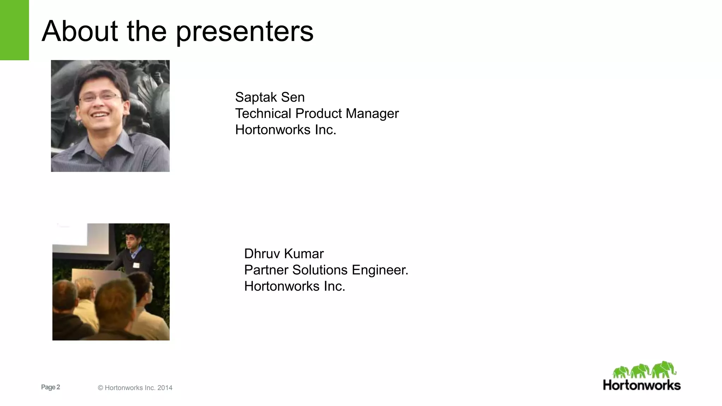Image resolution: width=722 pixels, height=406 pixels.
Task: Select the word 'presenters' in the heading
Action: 244,32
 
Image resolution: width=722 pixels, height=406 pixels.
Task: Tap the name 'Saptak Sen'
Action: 270,97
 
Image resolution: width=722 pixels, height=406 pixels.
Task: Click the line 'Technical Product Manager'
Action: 317,113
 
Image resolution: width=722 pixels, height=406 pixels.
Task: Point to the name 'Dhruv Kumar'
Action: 284,254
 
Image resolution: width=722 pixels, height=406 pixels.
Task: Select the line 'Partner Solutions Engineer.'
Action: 326,270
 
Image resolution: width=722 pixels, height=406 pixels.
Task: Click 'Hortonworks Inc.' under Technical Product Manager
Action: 286,130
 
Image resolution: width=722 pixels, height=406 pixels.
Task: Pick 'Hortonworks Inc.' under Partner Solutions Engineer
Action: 294,286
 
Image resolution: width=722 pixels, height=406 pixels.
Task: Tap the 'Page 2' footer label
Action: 50,387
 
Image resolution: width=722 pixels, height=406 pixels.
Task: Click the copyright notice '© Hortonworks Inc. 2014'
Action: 135,388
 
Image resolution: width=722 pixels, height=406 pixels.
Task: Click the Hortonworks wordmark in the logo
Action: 642,385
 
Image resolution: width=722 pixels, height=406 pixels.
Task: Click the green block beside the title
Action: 14,30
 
